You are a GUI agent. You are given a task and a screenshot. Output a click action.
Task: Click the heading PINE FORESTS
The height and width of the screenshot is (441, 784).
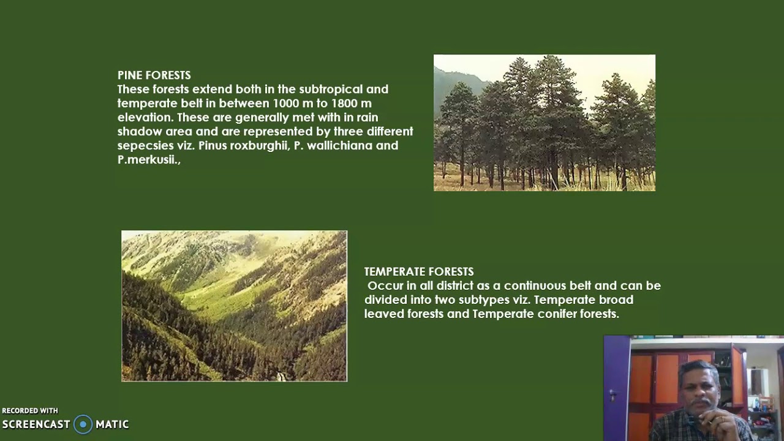[x=154, y=75]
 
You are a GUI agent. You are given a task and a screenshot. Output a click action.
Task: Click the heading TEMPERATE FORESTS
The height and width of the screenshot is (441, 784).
[x=419, y=271]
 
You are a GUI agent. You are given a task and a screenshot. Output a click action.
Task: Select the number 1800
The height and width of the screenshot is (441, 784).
[x=345, y=104]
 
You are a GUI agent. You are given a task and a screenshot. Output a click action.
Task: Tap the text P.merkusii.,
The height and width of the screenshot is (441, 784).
[x=149, y=160]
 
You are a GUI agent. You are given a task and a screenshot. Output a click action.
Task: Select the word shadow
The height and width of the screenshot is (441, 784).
[x=138, y=132]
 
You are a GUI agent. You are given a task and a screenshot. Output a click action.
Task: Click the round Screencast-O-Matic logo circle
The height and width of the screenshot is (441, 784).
[x=83, y=424]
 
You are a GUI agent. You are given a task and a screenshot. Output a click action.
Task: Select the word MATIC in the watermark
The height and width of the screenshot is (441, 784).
[x=112, y=424]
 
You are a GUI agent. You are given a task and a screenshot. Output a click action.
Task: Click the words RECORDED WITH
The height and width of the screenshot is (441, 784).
[x=30, y=411]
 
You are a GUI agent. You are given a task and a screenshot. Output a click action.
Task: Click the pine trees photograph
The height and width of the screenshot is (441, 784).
[x=544, y=123]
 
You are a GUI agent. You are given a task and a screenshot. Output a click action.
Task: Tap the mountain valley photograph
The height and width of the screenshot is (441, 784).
[x=234, y=306]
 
